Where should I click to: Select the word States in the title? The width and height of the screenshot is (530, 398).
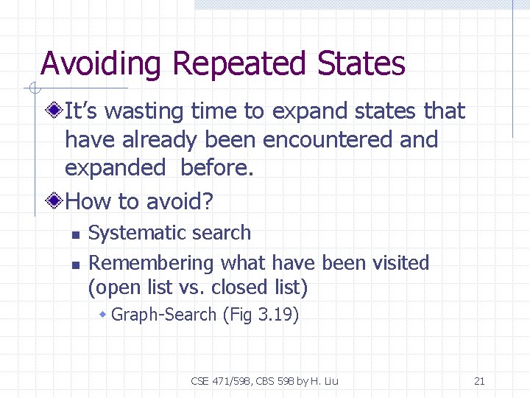(361, 64)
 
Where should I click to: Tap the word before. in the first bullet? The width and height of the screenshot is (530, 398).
(216, 167)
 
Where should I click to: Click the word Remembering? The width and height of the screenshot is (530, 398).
(152, 263)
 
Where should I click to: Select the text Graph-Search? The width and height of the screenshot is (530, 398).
(164, 315)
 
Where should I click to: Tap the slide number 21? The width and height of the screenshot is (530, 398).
(479, 381)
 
